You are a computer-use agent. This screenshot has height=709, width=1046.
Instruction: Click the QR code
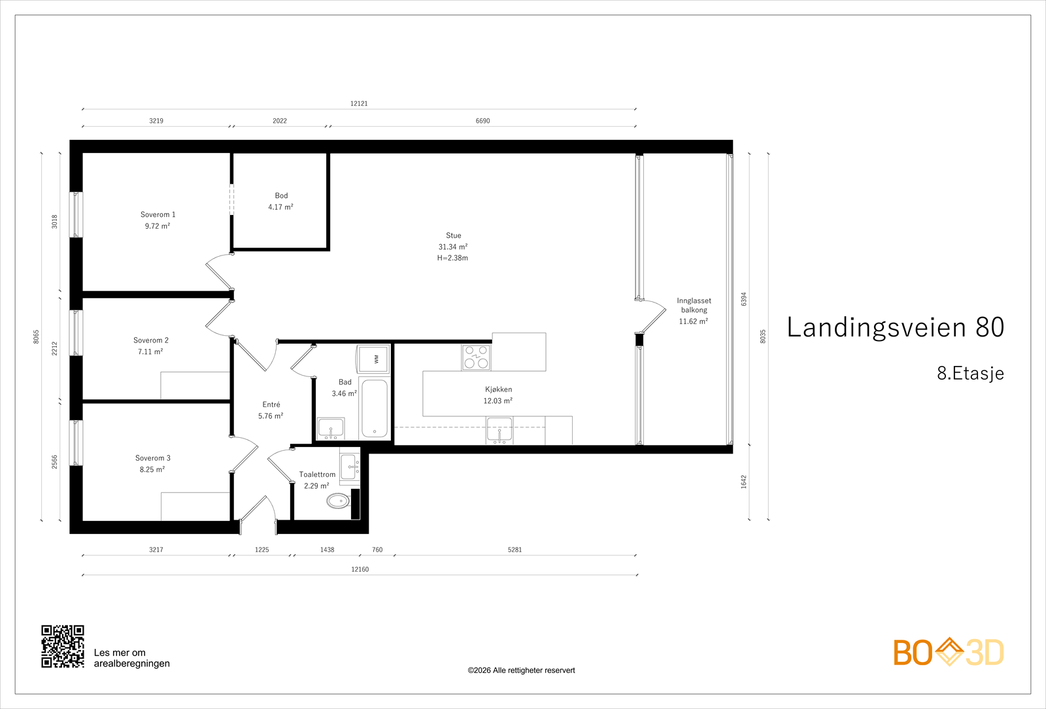63,646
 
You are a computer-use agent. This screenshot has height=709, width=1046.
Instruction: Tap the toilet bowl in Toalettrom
338,501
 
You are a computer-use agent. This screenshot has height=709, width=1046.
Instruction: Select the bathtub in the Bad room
375,408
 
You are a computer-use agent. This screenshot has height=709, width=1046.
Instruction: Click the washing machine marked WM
373,359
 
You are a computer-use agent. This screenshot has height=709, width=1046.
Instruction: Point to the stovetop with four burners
476,357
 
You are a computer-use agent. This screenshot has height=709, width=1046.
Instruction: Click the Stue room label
453,246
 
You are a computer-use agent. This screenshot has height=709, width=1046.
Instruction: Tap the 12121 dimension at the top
359,103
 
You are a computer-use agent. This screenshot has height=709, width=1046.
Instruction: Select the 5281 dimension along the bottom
515,550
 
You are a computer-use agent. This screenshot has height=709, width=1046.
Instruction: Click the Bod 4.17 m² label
281,201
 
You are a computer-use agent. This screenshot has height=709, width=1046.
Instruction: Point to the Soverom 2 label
151,346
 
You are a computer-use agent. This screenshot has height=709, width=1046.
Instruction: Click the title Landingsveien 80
895,327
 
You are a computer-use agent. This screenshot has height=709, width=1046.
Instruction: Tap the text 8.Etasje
970,373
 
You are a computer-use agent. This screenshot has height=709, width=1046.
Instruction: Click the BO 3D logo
949,652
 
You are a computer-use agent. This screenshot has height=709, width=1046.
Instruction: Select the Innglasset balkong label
694,311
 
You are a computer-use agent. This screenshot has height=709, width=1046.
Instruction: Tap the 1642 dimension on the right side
743,482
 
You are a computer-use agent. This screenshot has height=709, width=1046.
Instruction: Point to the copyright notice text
521,670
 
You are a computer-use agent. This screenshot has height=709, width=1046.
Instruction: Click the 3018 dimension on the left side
55,222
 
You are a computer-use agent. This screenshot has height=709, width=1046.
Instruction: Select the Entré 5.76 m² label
271,410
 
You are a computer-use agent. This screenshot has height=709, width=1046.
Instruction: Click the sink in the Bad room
331,429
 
